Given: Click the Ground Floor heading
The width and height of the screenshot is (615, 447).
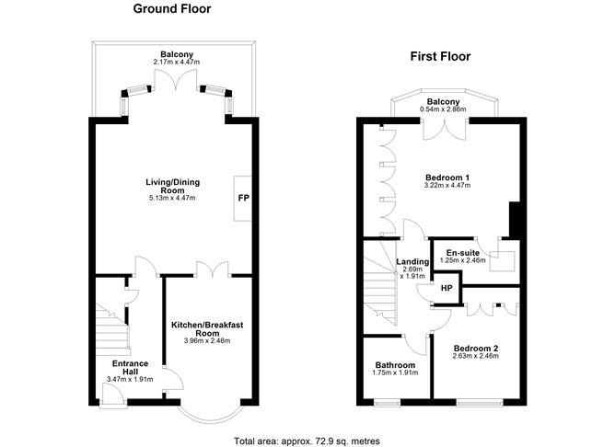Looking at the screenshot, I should pyautogui.click(x=172, y=10).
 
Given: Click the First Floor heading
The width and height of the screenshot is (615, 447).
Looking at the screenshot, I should pyautogui.click(x=440, y=57).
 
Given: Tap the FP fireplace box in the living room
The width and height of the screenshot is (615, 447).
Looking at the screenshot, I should pyautogui.click(x=243, y=198).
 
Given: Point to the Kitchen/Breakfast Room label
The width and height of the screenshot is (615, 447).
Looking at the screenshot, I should pyautogui.click(x=206, y=330).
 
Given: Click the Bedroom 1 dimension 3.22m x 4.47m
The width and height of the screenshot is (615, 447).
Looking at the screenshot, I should pyautogui.click(x=447, y=185).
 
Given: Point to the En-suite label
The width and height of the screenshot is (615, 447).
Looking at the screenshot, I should pyautogui.click(x=464, y=253).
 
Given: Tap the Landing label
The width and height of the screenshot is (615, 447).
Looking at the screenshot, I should pyautogui.click(x=412, y=261).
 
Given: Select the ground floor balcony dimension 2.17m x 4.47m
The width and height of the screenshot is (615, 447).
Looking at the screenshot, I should pyautogui.click(x=177, y=62).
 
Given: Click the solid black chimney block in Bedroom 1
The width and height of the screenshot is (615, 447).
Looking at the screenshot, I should pyautogui.click(x=516, y=218).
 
